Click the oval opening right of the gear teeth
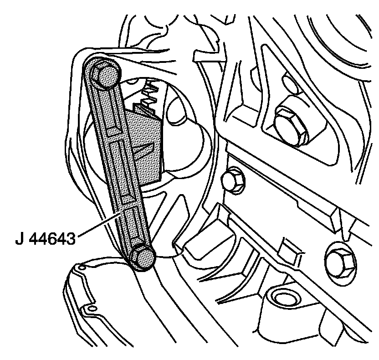176,112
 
